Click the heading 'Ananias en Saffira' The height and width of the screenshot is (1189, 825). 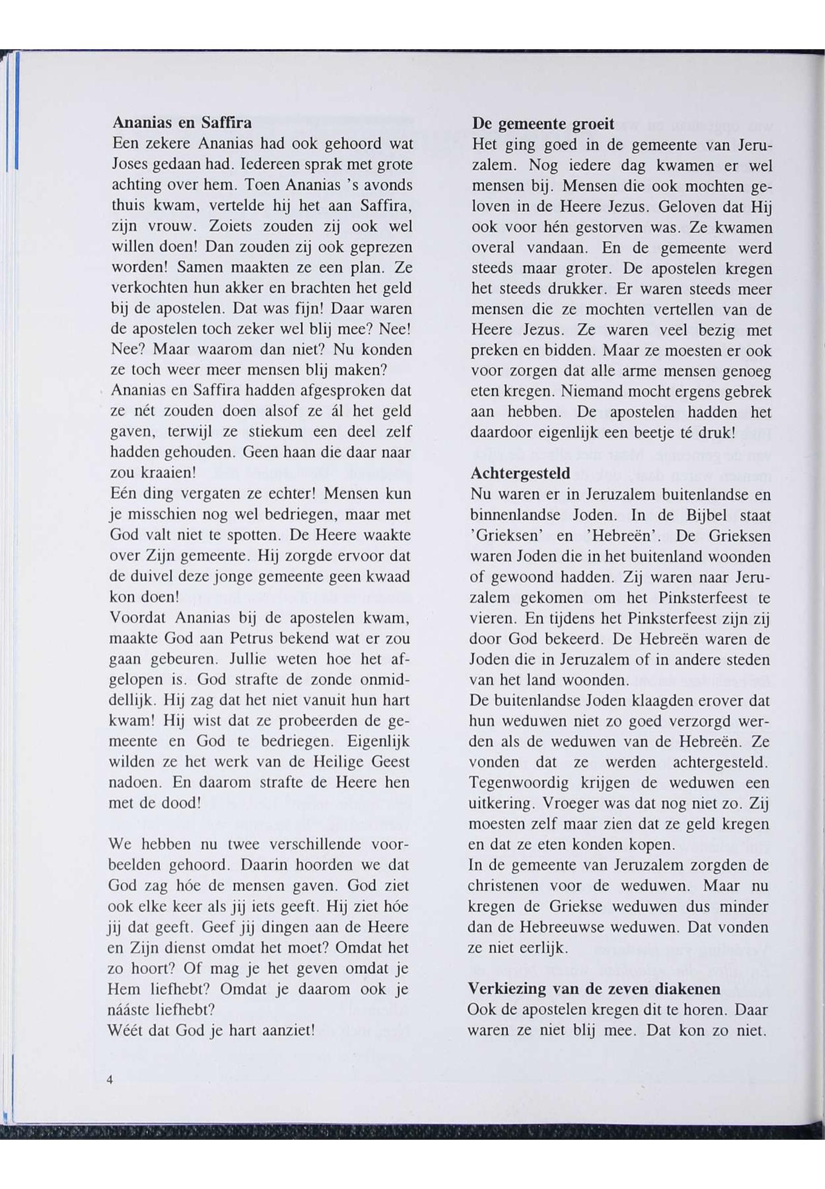(x=182, y=123)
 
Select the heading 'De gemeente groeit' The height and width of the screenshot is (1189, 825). (x=543, y=124)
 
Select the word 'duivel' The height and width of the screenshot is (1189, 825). (x=153, y=576)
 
